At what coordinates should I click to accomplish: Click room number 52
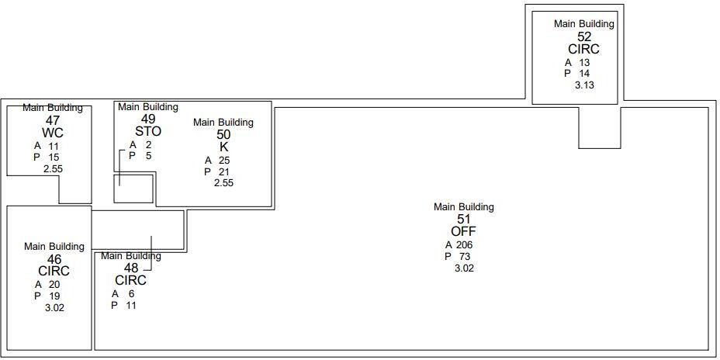click(584, 36)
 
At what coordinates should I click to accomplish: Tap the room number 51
click(463, 220)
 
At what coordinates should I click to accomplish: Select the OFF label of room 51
click(463, 231)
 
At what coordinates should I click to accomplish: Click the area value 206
click(464, 245)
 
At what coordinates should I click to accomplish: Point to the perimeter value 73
click(465, 257)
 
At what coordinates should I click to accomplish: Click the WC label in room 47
click(53, 133)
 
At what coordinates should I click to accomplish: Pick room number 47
click(53, 120)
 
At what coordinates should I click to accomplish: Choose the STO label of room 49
click(147, 131)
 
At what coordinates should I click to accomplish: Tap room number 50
click(223, 134)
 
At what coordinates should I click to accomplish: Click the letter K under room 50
click(223, 147)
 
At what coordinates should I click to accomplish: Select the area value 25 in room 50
click(224, 161)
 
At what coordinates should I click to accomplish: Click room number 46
click(54, 259)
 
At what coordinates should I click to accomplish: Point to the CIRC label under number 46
click(54, 271)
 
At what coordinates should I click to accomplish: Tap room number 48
click(130, 268)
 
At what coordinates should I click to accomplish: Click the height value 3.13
click(584, 85)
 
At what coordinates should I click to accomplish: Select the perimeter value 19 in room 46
click(54, 296)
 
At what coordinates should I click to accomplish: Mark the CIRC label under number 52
click(584, 49)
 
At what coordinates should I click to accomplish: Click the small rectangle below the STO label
click(133, 189)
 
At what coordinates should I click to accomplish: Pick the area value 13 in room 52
click(584, 63)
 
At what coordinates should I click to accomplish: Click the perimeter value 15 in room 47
click(53, 157)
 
